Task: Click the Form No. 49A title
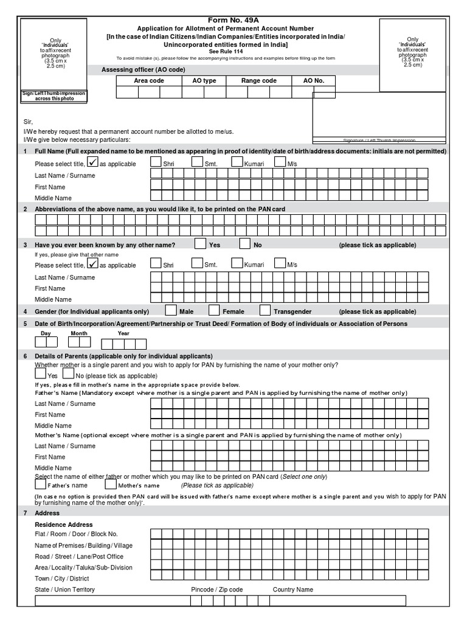[233, 20]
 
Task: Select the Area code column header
[148, 80]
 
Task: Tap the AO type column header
[204, 80]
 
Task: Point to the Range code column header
[258, 80]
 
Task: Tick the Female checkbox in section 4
[215, 310]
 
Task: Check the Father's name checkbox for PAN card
[41, 485]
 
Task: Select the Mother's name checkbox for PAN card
[111, 485]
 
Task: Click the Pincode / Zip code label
[216, 590]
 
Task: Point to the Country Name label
[293, 590]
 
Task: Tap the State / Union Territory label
[64, 590]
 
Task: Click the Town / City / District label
[62, 579]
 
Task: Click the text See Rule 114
[233, 52]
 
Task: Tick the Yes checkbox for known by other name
[200, 244]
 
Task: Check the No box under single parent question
[69, 374]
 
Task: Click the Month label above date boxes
[79, 333]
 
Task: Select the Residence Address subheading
[64, 524]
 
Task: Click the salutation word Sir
[28, 122]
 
